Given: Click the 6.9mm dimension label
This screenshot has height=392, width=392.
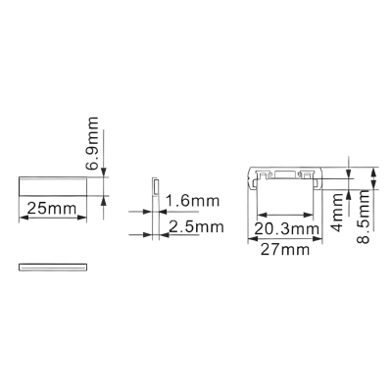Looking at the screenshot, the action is tap(92, 143).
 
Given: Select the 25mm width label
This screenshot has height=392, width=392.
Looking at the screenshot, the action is tap(51, 209).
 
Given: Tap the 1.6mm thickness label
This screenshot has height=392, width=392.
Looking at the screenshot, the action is tap(192, 201).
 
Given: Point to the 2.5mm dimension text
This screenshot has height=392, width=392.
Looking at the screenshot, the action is tap(197, 226).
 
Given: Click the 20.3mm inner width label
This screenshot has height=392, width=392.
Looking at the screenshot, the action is tap(286, 229).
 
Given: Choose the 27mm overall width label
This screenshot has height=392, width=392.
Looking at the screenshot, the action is tap(284, 250).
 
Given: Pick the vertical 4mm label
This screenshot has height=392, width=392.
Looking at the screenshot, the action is tap(338, 212).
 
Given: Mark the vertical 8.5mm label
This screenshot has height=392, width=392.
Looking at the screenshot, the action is tap(363, 217).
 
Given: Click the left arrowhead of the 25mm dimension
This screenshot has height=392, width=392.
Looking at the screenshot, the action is tap(24, 218).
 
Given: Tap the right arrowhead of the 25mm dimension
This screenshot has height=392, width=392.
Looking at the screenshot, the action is tap(82, 218).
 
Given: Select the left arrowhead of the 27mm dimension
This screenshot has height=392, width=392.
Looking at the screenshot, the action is tap(253, 239).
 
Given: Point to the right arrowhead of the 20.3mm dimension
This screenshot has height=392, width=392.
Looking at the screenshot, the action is tap(309, 215).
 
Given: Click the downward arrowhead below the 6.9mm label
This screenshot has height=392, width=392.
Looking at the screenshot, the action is tap(104, 172).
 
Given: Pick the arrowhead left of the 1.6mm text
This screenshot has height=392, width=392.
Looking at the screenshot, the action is tap(148, 212).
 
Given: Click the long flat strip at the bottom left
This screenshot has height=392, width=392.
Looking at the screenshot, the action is tap(53, 267).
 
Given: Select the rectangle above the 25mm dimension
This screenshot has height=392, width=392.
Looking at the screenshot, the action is tap(53, 186).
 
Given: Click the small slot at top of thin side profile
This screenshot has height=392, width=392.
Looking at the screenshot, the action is tap(156, 186).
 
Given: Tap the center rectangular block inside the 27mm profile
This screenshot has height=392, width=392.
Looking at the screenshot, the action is tap(286, 175).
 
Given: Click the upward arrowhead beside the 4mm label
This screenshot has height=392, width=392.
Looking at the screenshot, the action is tap(349, 194).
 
